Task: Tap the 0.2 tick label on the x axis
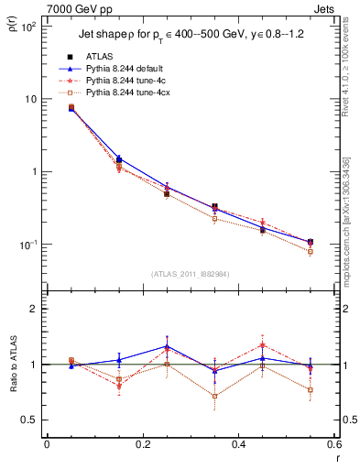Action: (142, 445)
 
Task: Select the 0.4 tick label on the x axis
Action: (239, 445)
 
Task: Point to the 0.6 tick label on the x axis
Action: (333, 445)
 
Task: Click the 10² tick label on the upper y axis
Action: (27, 26)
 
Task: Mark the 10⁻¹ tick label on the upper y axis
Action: (27, 245)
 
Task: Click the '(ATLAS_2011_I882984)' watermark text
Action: (191, 274)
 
